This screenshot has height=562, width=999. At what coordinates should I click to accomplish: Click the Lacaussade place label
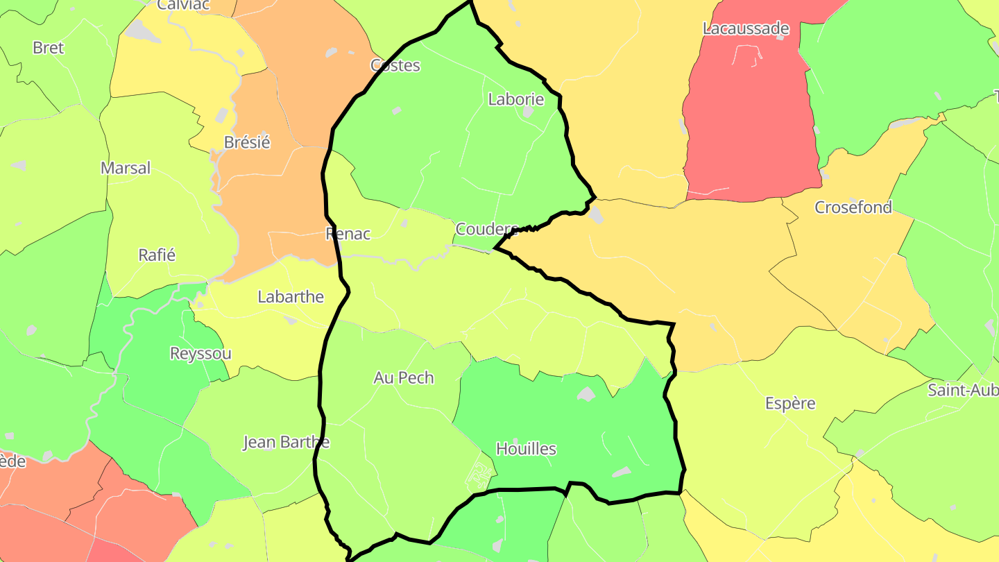(746, 28)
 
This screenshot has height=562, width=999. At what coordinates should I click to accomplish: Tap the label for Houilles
(526, 449)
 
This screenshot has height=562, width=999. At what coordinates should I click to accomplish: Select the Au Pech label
(403, 377)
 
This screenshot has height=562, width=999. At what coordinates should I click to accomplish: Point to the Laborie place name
(515, 99)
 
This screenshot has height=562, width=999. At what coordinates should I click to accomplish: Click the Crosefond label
(853, 207)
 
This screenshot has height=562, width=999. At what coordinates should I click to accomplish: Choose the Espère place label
(789, 403)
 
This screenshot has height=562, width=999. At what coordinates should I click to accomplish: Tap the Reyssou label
(200, 353)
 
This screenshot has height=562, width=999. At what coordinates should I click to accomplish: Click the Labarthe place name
(291, 297)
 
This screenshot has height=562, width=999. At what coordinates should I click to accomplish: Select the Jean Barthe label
(286, 442)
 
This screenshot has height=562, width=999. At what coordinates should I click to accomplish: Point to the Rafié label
(157, 255)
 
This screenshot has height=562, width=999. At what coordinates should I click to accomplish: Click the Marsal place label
(126, 168)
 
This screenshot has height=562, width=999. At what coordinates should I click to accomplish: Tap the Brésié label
(247, 142)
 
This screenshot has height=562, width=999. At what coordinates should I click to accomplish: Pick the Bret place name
(49, 48)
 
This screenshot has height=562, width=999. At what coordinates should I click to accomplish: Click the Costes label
(395, 65)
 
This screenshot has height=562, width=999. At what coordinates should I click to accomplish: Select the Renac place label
(348, 234)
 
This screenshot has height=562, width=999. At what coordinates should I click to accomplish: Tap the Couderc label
(486, 228)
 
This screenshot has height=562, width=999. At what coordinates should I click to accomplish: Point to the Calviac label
(184, 5)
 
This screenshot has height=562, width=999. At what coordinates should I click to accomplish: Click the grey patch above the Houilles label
(586, 394)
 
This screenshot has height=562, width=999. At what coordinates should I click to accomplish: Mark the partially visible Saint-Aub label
(963, 390)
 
